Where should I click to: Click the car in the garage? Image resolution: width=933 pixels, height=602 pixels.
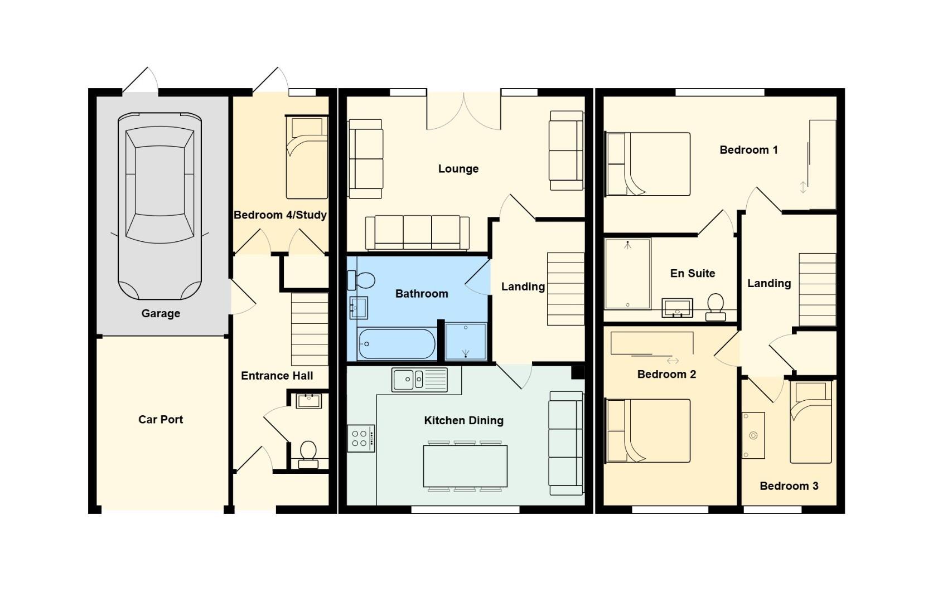(x=159, y=206)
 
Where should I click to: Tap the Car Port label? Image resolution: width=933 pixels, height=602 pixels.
(x=161, y=419)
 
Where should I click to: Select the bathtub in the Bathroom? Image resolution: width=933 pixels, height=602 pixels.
(x=397, y=344)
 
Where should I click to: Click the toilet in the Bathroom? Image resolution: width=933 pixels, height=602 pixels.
(x=361, y=280)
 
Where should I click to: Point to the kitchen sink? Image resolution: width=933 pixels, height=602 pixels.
(x=419, y=379)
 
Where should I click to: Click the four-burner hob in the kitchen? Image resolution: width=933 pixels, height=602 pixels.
(x=361, y=438)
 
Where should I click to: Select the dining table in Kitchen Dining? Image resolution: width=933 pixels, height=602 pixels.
(x=465, y=466)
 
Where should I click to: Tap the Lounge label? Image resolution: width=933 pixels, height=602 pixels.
(x=458, y=168)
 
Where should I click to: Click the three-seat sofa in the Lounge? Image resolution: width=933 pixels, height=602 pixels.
(x=417, y=232)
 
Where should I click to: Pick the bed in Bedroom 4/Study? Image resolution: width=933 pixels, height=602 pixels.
(x=307, y=157)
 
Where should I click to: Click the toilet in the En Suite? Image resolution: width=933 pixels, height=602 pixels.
(x=716, y=307)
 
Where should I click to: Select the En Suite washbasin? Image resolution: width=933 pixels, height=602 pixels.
(x=677, y=308)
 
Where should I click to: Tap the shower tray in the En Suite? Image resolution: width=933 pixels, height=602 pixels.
(x=627, y=274)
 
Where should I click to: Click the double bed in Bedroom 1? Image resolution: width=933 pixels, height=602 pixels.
(x=647, y=164)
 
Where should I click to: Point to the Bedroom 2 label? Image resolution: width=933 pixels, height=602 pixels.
(x=666, y=374)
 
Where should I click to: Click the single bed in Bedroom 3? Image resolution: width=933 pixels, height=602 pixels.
(x=811, y=422)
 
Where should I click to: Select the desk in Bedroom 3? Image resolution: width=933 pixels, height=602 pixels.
(x=753, y=435)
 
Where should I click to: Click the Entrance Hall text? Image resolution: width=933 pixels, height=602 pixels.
(x=277, y=376)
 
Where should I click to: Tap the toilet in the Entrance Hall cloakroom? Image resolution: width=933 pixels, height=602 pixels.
(x=308, y=455)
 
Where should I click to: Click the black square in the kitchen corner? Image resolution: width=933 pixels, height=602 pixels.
(x=578, y=372)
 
